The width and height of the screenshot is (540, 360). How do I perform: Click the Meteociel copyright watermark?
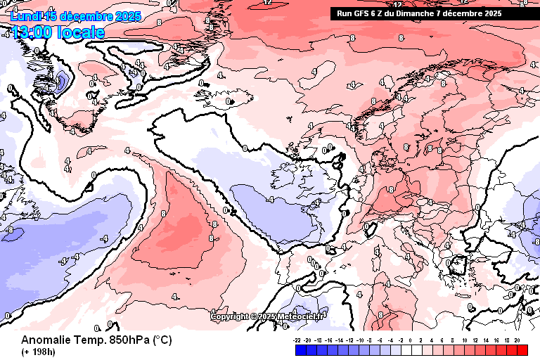point(267,316)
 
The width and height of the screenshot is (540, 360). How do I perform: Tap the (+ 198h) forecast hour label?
point(39,352)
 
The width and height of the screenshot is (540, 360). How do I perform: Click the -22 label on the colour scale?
point(297,340)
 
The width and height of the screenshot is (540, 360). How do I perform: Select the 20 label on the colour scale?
point(517,340)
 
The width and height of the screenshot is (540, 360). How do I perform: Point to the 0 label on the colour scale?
point(410,340)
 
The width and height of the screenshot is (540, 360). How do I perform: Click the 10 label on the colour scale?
point(464,340)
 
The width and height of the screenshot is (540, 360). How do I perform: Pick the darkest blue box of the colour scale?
point(300,350)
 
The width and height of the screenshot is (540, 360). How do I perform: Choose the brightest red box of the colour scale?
point(522,350)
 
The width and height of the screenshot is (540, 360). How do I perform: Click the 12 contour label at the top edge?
point(267,3)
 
